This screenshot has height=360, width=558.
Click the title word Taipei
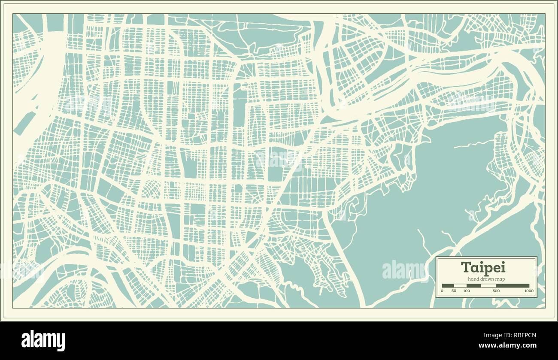483,267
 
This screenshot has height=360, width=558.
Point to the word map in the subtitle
500,279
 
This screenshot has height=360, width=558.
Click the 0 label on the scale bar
442,291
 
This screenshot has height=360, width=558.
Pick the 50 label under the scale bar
454,291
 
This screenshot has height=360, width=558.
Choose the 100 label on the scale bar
467,291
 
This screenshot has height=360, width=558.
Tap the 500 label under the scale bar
496,291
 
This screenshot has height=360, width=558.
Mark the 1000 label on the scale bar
528,291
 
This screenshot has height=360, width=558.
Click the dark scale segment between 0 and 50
448,285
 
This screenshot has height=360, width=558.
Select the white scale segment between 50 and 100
460,285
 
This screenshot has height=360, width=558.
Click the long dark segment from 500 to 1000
513,285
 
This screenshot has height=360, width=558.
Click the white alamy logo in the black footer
43,341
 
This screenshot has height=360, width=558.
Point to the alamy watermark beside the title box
403,269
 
